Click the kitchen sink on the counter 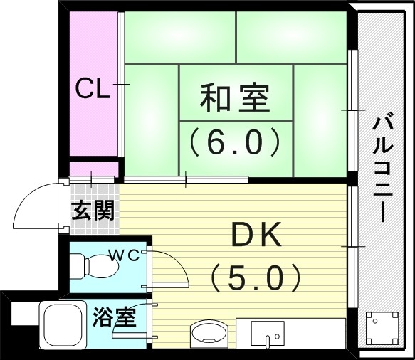267,333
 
